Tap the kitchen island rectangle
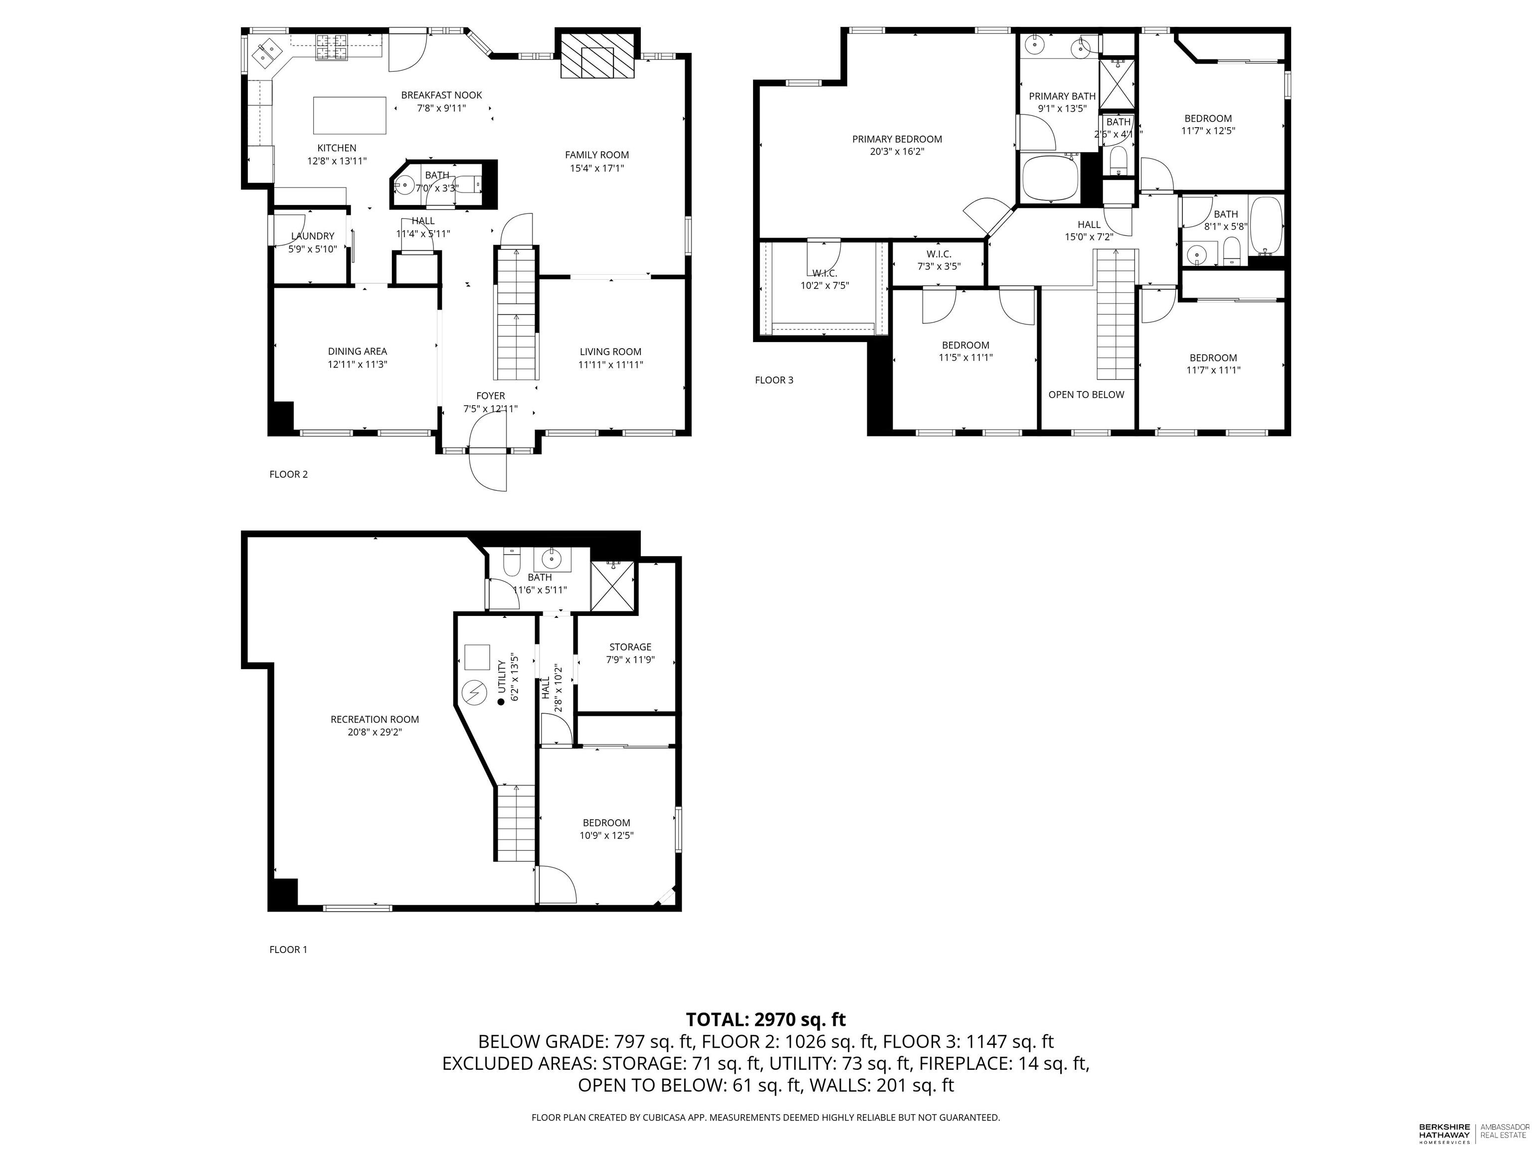[349, 115]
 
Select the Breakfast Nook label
[441, 95]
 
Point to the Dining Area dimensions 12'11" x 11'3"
[358, 365]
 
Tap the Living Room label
[610, 352]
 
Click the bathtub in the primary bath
[1050, 178]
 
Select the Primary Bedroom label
[897, 139]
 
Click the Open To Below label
[1086, 395]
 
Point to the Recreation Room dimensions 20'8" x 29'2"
[375, 732]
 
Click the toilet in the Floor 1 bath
[511, 563]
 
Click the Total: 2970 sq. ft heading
[766, 1019]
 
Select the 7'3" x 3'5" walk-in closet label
[939, 266]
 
